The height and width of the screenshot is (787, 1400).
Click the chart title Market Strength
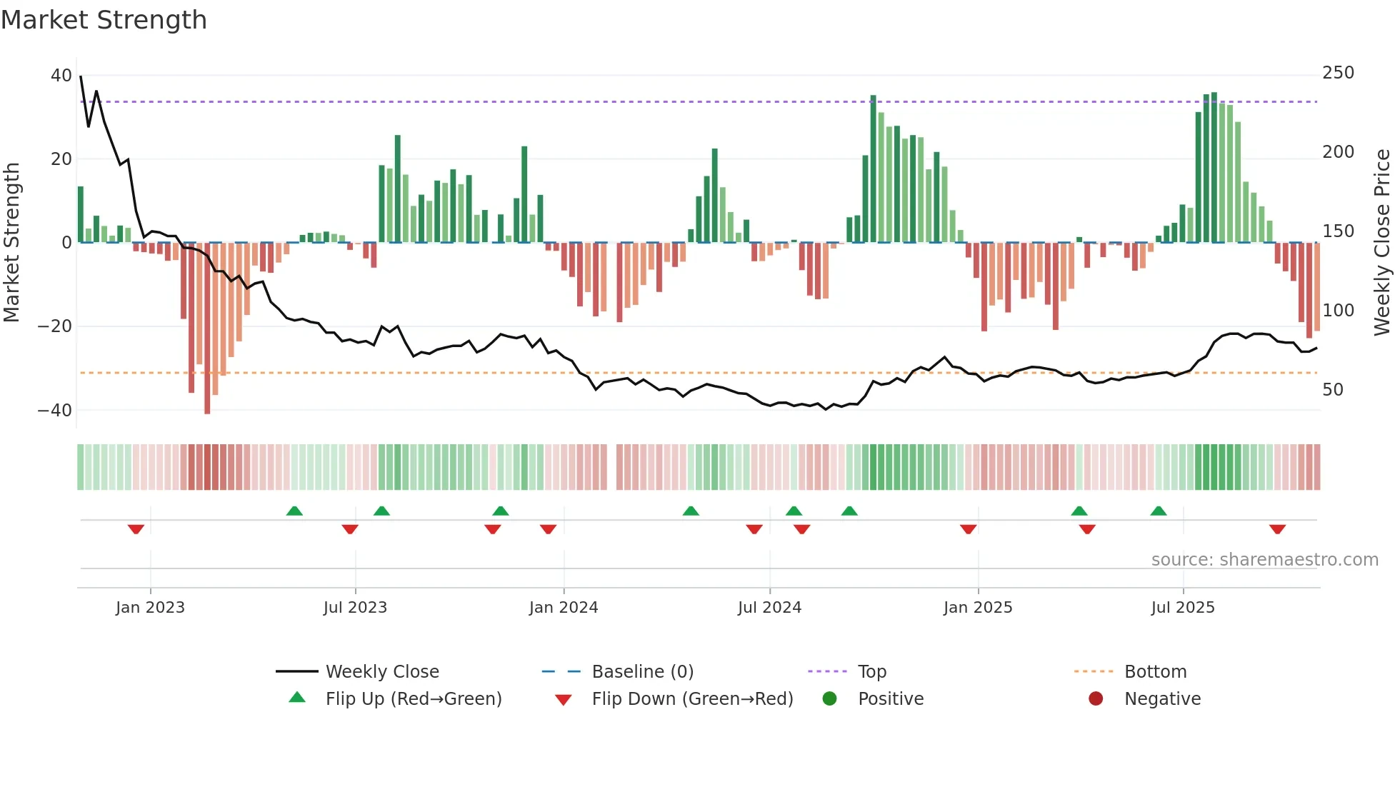click(x=104, y=20)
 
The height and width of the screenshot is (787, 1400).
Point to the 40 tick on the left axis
click(x=61, y=76)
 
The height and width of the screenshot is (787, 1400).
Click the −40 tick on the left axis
click(x=55, y=411)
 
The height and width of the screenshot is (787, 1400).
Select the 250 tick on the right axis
click(x=1338, y=73)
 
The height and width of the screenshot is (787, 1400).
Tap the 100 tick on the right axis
click(x=1338, y=311)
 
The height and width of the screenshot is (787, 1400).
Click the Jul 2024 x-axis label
click(x=769, y=608)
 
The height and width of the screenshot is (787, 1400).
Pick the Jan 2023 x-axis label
click(x=150, y=608)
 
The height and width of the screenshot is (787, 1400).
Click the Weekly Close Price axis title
click(x=1382, y=243)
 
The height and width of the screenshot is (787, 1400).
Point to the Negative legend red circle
click(x=1096, y=699)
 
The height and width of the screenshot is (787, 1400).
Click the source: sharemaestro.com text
click(x=1264, y=560)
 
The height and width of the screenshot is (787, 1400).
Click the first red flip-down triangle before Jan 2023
click(x=136, y=529)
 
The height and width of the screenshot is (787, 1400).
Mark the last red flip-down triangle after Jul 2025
click(x=1277, y=529)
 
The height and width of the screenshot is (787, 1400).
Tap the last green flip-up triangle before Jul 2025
click(x=1159, y=511)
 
